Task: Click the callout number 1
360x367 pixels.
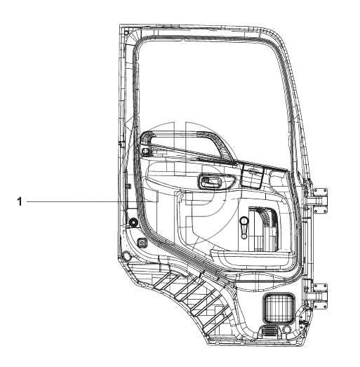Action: click(20, 201)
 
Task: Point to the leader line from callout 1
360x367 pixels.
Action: click(90, 201)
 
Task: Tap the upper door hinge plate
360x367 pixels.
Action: click(320, 201)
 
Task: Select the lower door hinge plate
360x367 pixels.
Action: click(320, 296)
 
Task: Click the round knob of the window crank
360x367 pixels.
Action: click(244, 220)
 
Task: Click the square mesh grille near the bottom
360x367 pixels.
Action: click(279, 308)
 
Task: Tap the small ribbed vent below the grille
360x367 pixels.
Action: click(269, 331)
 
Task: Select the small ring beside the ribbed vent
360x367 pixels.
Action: click(286, 329)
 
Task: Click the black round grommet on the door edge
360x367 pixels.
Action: click(133, 222)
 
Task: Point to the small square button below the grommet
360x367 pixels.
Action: click(142, 243)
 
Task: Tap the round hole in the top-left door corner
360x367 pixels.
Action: click(126, 32)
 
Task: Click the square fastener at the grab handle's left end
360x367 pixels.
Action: click(145, 151)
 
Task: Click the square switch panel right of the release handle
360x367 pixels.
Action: click(252, 175)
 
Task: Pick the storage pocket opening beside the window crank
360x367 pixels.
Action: click(265, 229)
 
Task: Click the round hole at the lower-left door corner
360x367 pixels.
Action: click(126, 255)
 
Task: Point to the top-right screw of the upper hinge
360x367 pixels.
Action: click(325, 191)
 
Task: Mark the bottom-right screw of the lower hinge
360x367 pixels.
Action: click(325, 307)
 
